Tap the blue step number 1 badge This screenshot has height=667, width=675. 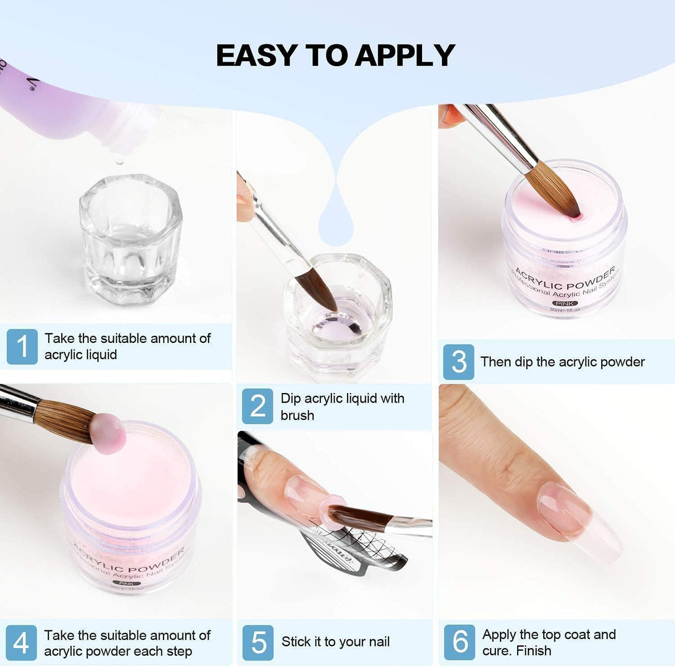22,346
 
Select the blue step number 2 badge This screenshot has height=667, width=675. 257,406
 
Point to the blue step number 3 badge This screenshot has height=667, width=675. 459,362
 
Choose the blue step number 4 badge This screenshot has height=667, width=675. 21,643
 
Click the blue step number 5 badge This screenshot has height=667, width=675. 258,643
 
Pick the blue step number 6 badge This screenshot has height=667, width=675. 459,643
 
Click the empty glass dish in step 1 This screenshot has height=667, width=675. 131,239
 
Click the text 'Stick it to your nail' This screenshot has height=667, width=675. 335,642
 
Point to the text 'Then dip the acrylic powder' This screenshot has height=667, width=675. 562,362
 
